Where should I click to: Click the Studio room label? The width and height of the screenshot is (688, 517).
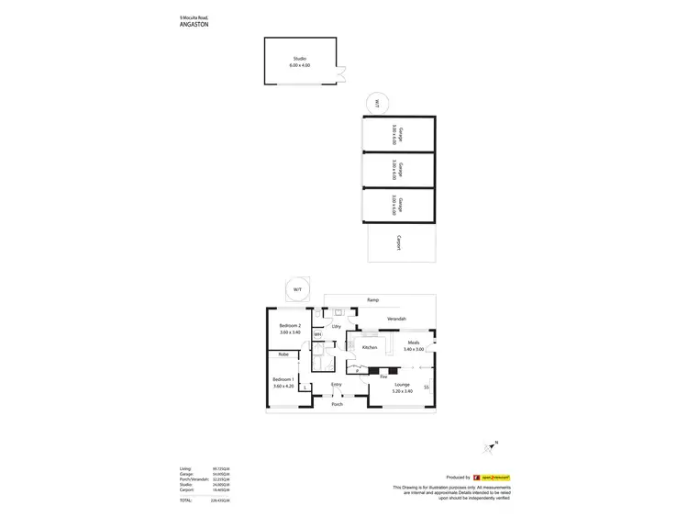[300, 59]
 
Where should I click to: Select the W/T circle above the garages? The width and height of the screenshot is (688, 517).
[375, 102]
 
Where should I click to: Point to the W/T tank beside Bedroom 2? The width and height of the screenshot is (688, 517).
[297, 289]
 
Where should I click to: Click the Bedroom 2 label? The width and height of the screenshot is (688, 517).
[291, 325]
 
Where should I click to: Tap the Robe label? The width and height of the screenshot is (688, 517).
[283, 354]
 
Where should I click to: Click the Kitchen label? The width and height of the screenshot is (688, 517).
[371, 348]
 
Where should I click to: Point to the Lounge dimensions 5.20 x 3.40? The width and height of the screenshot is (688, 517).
[402, 391]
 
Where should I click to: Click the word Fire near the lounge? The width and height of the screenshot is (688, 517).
[383, 377]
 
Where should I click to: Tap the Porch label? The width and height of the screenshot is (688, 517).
[337, 404]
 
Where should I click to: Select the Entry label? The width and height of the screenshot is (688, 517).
[337, 385]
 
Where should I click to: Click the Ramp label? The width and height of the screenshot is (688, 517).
[372, 299]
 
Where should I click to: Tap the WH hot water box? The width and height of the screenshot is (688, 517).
[317, 334]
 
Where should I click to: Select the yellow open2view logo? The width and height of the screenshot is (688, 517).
[495, 478]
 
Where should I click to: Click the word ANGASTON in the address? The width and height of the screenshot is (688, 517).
[194, 25]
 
